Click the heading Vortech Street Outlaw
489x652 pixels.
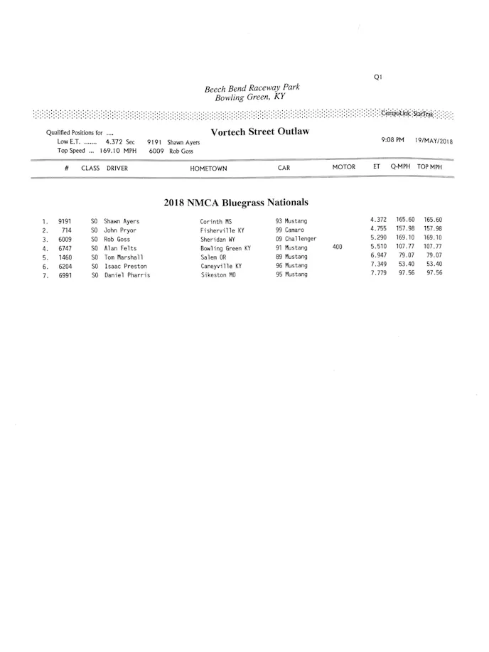259,132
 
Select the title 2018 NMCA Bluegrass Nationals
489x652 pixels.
236,202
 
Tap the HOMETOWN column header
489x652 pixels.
208,169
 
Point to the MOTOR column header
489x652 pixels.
344,167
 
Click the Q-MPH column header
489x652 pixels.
401,167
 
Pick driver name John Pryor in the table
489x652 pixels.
120,230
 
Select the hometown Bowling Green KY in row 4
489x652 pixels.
225,249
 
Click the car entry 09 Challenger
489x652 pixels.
296,239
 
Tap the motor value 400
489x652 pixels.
338,247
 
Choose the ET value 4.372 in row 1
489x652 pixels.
379,220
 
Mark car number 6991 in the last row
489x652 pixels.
65,275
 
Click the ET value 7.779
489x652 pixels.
379,273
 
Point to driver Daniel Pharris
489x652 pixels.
127,275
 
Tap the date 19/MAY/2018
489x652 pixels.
434,141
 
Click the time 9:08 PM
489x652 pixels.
393,140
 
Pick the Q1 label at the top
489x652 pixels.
378,78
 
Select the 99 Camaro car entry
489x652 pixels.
290,230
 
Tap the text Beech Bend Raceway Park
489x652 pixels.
252,89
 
